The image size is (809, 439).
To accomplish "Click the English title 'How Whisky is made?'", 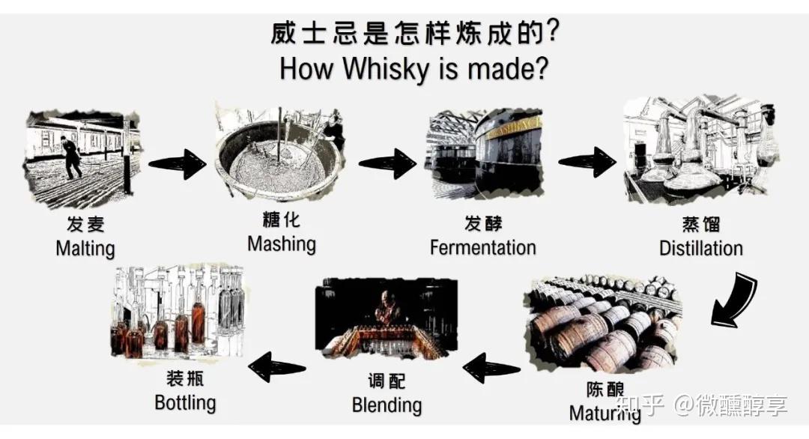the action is coord(414,69).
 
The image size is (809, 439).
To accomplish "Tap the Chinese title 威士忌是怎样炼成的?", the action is coord(414,33).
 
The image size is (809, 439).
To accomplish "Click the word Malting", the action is coord(85,248).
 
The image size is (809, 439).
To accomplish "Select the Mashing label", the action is coord(282,243).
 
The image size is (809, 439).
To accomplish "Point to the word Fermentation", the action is coord(483,247).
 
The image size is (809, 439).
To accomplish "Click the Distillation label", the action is coord(701,248).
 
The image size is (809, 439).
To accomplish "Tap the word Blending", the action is coord(387,405).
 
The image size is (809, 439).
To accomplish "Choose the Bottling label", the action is coord(185,402).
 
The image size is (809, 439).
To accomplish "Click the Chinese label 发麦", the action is coord(85,225).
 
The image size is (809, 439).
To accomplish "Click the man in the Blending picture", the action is coord(387,307).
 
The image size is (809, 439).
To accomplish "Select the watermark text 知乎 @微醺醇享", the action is coord(706,406).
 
